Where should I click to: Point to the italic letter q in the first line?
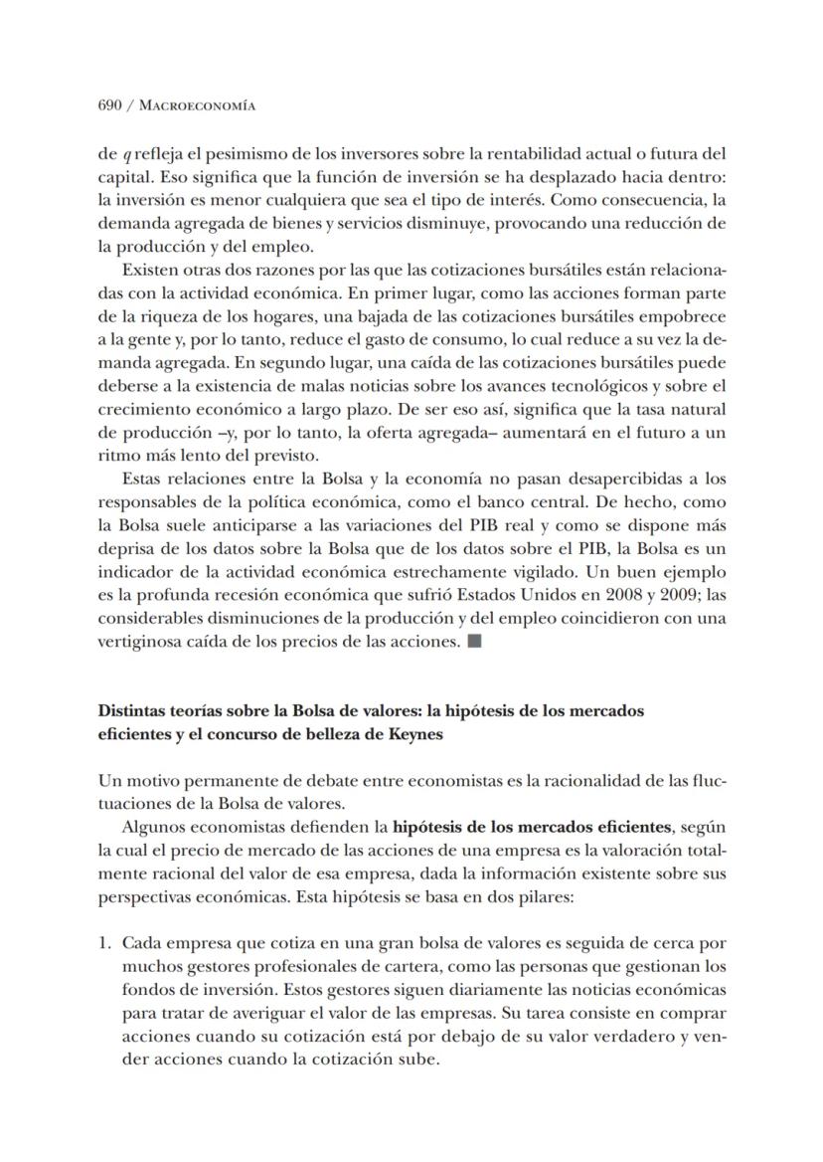126,154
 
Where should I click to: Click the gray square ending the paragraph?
473,641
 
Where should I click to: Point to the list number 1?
104,942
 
